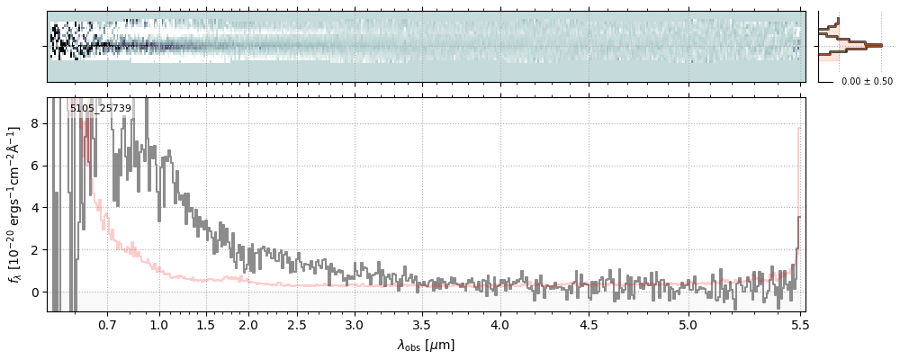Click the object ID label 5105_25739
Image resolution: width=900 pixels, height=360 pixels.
[x=101, y=108]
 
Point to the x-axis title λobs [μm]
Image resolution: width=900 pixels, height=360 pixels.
[x=426, y=345]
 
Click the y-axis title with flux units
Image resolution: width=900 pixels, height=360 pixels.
[x=15, y=204]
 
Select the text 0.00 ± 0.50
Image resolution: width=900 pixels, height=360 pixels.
[x=867, y=81]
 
